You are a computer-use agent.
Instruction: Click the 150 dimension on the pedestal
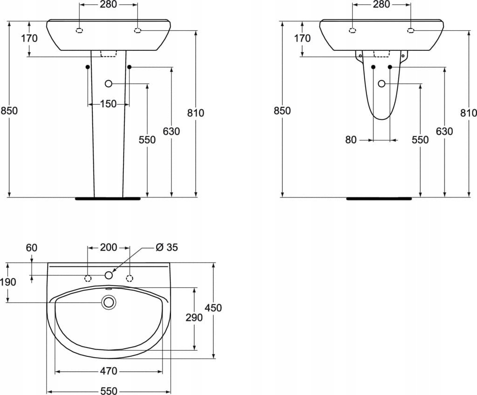click(x=109, y=104)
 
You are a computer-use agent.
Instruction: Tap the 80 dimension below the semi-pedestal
click(x=351, y=140)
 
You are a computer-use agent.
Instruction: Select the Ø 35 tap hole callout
click(x=166, y=247)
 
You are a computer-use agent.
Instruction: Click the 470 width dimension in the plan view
click(x=109, y=371)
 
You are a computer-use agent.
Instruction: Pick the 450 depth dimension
click(x=213, y=307)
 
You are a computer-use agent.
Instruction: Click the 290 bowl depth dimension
click(x=194, y=317)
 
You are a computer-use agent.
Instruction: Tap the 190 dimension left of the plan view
click(x=8, y=282)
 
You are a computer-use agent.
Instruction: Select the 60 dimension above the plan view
click(x=32, y=248)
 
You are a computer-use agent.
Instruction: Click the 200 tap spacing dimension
click(x=109, y=247)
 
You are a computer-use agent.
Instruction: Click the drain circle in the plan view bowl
click(x=109, y=302)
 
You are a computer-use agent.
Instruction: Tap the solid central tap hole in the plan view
click(x=109, y=275)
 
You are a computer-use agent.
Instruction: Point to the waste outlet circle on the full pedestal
click(x=109, y=83)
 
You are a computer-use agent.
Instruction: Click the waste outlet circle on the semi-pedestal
click(x=382, y=83)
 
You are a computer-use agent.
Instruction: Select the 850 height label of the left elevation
click(x=9, y=110)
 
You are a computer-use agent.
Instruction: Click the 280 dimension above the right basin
click(x=381, y=4)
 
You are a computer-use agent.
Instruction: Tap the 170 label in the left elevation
click(x=29, y=38)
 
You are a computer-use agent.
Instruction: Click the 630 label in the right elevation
click(x=444, y=131)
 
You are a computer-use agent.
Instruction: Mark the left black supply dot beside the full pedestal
click(x=88, y=67)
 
